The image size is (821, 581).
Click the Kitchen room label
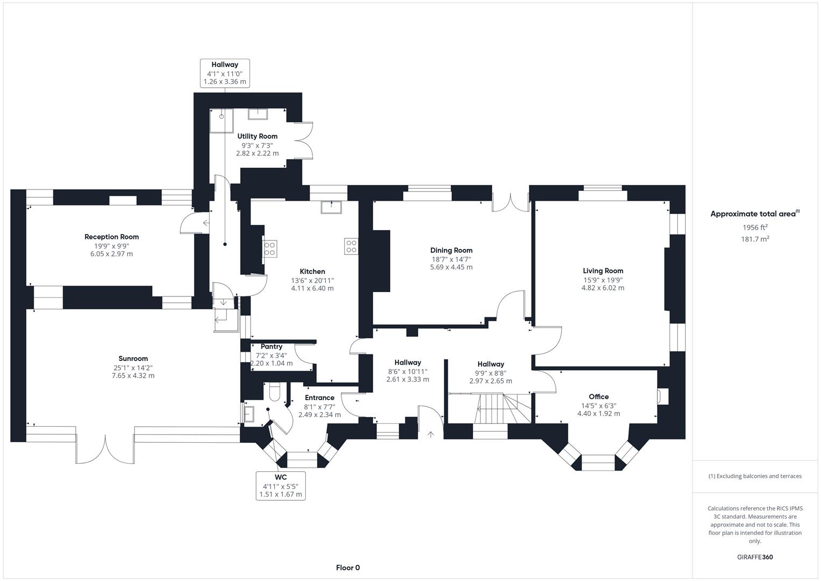(x=312, y=272)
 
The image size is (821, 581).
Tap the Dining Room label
(x=451, y=250)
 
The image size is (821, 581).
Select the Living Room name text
(x=603, y=271)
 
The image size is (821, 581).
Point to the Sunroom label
(x=133, y=359)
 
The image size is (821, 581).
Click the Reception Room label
(x=111, y=237)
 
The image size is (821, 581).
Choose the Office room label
(x=598, y=397)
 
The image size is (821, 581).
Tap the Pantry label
(x=272, y=347)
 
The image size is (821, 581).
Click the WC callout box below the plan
(x=281, y=486)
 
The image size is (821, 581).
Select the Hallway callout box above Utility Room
(x=225, y=73)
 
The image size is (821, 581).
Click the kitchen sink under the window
(x=331, y=207)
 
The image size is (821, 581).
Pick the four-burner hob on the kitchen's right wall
(x=351, y=246)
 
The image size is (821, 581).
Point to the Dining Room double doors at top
(x=510, y=200)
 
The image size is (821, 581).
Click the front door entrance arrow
(x=430, y=434)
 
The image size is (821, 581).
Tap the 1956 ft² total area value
(x=755, y=227)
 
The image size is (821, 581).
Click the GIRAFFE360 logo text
(x=755, y=557)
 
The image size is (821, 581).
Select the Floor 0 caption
(x=347, y=568)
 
